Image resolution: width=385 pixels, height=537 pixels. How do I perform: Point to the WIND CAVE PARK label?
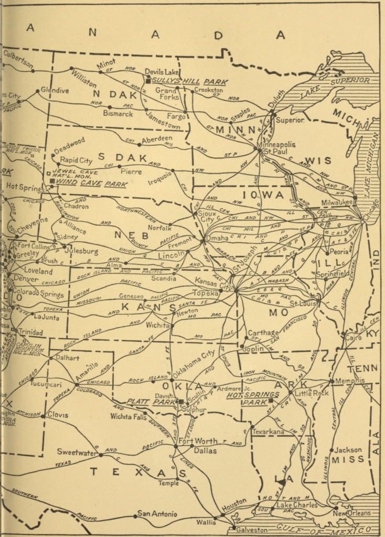coord(83,181)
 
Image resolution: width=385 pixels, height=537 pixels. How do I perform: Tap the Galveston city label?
coord(252,530)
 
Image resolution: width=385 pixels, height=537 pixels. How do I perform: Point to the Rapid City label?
coord(76,160)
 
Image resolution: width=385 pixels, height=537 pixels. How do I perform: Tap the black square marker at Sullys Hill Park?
coord(148,82)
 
